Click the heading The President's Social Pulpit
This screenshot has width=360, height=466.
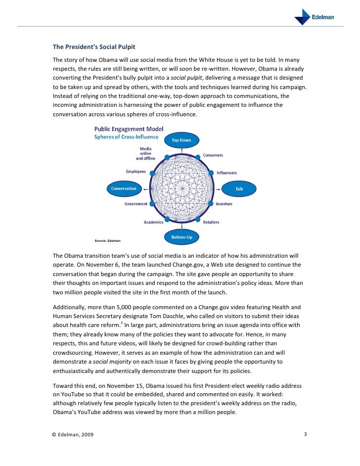pyautogui.click(x=94, y=47)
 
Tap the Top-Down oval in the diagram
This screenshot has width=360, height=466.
pyautogui.click(x=181, y=140)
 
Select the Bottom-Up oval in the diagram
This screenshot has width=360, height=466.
pyautogui.click(x=181, y=237)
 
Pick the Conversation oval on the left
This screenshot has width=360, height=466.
pyautogui.click(x=124, y=188)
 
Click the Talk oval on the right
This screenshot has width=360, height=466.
pyautogui.click(x=239, y=188)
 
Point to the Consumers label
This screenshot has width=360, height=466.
pyautogui.click(x=213, y=155)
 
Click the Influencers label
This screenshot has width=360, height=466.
pyautogui.click(x=226, y=173)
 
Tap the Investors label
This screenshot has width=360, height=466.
pyautogui.click(x=224, y=204)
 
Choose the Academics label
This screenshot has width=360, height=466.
pyautogui.click(x=153, y=222)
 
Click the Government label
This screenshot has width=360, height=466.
pyautogui.click(x=135, y=204)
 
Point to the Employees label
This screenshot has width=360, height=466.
pyautogui.click(x=136, y=172)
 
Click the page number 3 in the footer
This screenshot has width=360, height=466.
pyautogui.click(x=306, y=435)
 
